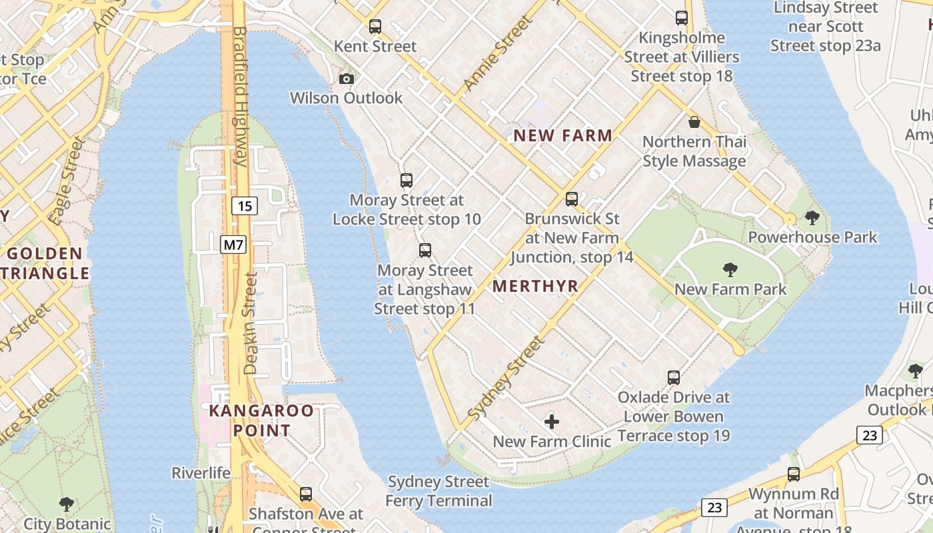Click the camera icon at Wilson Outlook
coord(346,79)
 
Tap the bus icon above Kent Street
coord(375,27)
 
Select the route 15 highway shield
coord(245,206)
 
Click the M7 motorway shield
coord(233,245)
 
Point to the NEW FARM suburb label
coord(562,136)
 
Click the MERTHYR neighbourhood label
coord(535,286)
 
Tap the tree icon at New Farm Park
coord(730,270)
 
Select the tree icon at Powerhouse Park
coord(812,217)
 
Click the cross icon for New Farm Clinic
coord(552,421)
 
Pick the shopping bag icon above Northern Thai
coord(694,122)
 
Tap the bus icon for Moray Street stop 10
coord(407,180)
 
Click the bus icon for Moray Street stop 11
coord(425,251)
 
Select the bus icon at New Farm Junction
coord(572,199)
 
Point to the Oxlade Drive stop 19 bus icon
coord(674,378)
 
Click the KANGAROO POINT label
coord(261,420)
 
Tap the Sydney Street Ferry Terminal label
coord(439,491)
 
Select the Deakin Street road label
coord(251,323)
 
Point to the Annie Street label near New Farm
coord(498,53)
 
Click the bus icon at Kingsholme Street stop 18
coord(681,18)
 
